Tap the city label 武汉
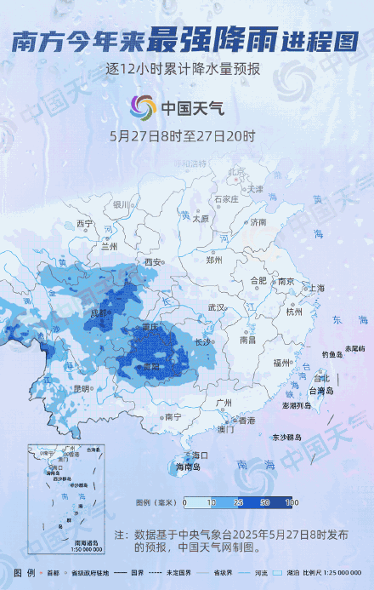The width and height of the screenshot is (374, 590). point(216,307)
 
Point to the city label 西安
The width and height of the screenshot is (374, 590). point(153,261)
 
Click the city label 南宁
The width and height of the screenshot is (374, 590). point(173,416)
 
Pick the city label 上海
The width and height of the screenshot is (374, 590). point(315,288)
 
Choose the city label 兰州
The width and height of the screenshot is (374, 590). point(109,246)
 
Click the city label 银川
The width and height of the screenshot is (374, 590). point(121,204)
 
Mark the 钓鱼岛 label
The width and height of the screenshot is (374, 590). point(331,353)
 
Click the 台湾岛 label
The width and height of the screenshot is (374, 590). point(321,391)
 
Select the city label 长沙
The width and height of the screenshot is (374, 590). point(202,341)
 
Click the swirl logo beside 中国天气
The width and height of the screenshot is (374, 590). point(142,108)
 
